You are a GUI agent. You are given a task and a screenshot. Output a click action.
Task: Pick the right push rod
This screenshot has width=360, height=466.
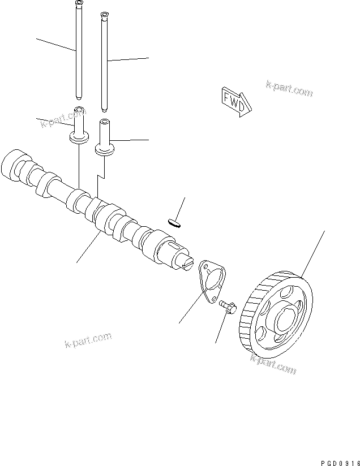pos(104,62)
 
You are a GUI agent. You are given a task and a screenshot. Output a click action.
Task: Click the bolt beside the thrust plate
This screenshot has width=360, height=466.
pos(227,307)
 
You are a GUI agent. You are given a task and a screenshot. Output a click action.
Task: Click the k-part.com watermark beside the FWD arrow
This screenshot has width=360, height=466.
pos(289,88)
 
